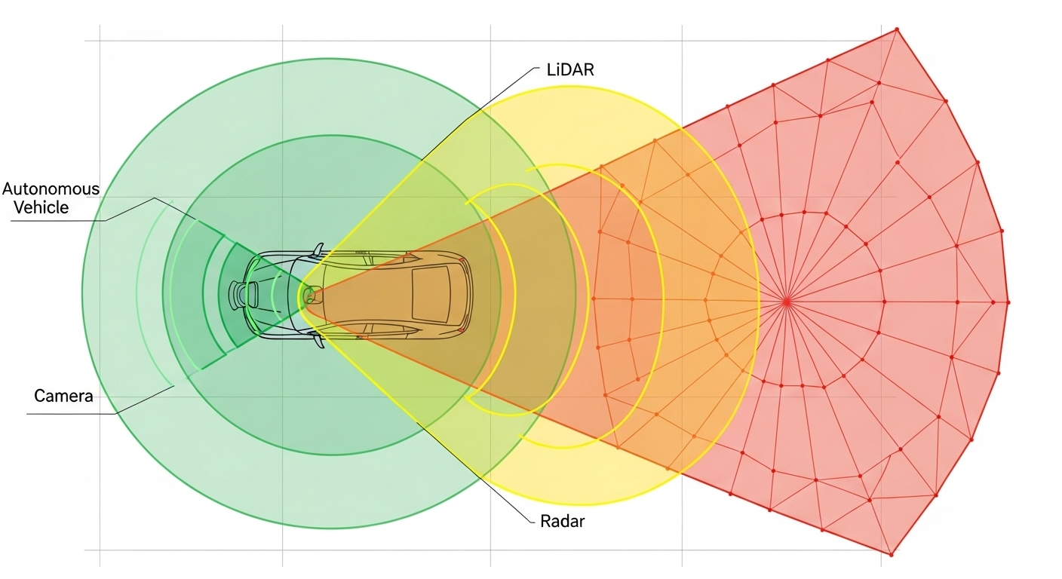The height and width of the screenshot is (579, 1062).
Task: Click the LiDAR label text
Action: (570, 69)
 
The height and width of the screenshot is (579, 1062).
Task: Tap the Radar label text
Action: (562, 521)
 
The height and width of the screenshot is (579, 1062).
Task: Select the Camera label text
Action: (63, 396)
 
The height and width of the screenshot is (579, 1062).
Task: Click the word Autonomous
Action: (51, 189)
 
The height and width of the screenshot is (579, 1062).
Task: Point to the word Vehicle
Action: (41, 207)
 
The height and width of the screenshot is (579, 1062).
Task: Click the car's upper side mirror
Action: (318, 250)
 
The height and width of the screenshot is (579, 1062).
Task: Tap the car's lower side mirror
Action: (318, 340)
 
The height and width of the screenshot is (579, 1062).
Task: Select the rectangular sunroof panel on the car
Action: (431, 295)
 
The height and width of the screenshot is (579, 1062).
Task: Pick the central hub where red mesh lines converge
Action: (787, 302)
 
